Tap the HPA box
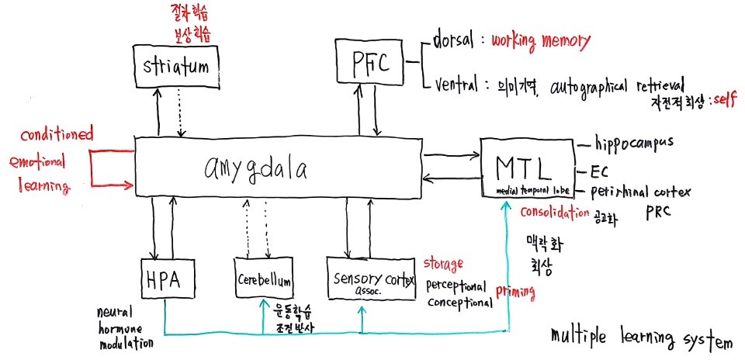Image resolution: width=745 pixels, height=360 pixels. [165, 279]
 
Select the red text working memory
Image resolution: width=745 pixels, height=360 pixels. [541, 40]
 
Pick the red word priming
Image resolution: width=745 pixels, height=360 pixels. [515, 292]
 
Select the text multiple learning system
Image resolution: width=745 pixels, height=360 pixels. [640, 338]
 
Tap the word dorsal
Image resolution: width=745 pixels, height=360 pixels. [455, 41]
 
